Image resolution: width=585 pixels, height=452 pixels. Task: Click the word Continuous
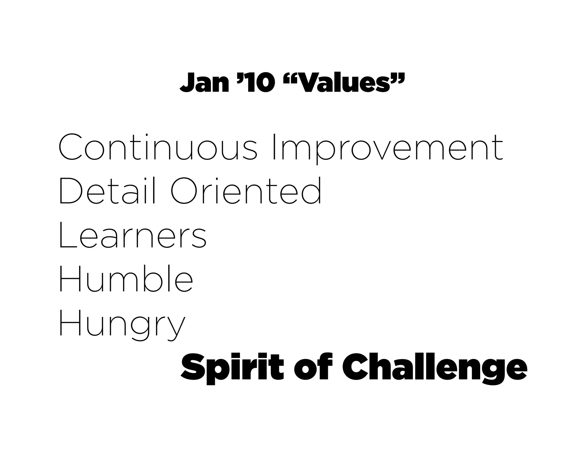pyautogui.click(x=158, y=147)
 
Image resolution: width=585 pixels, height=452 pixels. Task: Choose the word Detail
pyautogui.click(x=107, y=191)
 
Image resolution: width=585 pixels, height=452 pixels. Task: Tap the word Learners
pyautogui.click(x=132, y=235)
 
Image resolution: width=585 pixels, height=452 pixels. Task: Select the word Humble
pyautogui.click(x=126, y=279)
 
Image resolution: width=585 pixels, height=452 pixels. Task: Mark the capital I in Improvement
pyautogui.click(x=275, y=147)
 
